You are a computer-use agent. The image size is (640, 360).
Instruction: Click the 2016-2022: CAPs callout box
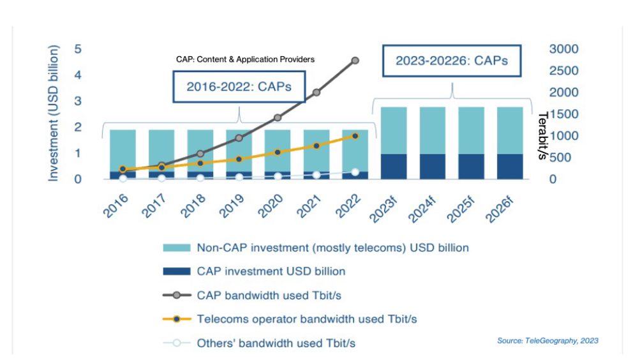(239, 87)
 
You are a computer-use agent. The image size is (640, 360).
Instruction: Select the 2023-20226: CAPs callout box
(452, 61)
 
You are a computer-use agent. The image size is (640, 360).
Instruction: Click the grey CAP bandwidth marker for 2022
(355, 60)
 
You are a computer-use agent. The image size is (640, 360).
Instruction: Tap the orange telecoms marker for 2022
(355, 136)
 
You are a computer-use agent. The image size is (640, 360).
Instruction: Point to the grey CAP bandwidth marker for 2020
(278, 117)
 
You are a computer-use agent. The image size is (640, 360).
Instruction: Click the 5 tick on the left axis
(77, 49)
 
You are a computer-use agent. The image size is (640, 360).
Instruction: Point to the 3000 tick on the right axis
(563, 49)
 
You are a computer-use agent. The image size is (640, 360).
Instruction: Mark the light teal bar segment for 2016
(123, 150)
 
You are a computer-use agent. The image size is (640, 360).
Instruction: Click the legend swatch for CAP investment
(177, 271)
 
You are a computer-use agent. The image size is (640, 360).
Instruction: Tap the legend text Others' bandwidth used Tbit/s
(276, 343)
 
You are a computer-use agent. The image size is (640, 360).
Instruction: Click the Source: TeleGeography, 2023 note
(547, 341)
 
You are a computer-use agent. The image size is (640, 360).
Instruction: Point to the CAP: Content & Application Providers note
(245, 59)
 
